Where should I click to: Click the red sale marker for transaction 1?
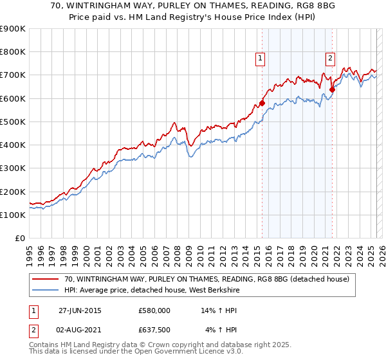(x=262, y=103)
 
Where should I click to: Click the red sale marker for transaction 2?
(x=333, y=89)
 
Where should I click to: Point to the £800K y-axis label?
(x=13, y=52)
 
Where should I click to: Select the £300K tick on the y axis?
(x=13, y=168)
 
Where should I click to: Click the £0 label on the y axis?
(x=21, y=239)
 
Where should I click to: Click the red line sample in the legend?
(x=45, y=279)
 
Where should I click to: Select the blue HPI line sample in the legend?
(x=45, y=290)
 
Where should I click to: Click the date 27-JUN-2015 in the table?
(x=80, y=310)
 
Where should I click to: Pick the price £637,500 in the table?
(x=154, y=330)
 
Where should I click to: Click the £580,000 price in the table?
(x=154, y=310)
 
